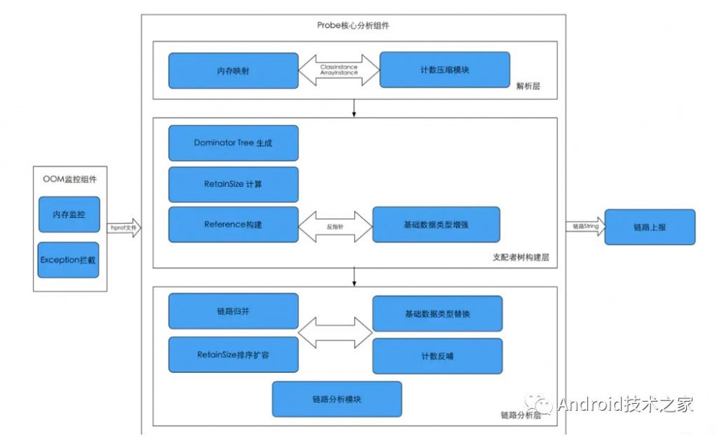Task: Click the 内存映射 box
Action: click(x=233, y=71)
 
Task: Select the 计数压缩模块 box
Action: click(x=445, y=70)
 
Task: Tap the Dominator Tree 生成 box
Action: click(x=233, y=143)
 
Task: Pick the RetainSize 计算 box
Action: click(x=233, y=184)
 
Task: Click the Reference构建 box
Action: click(x=233, y=224)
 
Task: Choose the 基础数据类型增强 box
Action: click(x=436, y=225)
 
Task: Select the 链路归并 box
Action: click(x=233, y=312)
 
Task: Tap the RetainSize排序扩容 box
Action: click(x=233, y=354)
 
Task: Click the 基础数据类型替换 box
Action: click(x=437, y=313)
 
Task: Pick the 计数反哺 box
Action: click(x=437, y=354)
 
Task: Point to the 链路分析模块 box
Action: click(x=336, y=399)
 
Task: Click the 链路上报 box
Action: click(x=650, y=227)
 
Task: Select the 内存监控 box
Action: click(x=69, y=214)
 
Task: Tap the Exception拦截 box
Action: click(x=69, y=260)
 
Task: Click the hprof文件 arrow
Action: click(x=123, y=227)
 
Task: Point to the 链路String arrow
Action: click(x=584, y=227)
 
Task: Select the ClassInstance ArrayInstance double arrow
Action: click(x=339, y=70)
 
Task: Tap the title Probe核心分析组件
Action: click(x=353, y=25)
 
